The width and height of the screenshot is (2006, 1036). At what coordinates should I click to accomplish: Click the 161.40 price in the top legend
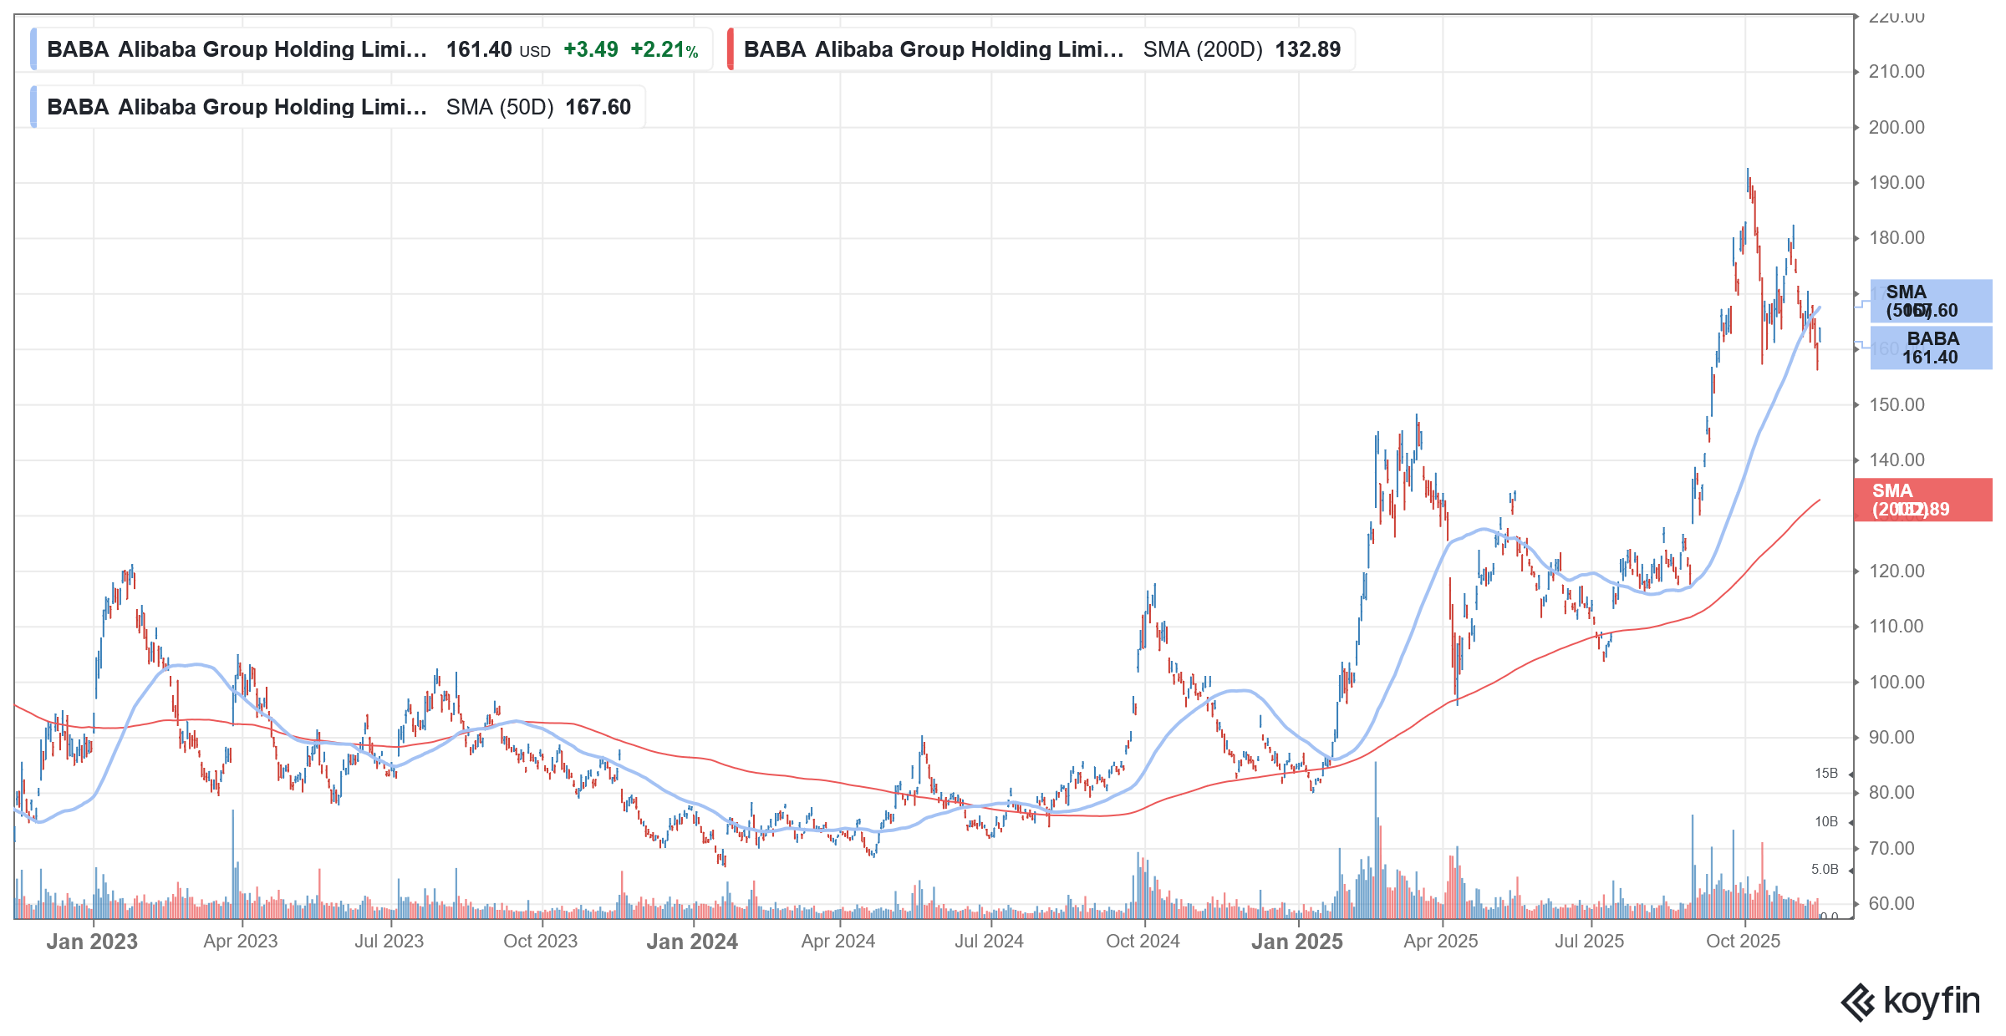478,49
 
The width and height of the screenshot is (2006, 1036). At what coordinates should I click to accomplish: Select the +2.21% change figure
664,49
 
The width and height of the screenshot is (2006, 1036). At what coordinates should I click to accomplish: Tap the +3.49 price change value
590,49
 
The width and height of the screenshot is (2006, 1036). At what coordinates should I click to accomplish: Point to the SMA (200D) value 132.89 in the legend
1307,49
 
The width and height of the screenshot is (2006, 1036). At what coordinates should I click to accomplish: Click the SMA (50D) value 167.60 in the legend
598,107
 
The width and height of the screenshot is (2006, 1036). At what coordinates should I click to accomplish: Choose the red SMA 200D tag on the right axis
1922,500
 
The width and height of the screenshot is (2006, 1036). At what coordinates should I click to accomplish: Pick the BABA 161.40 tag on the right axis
1930,348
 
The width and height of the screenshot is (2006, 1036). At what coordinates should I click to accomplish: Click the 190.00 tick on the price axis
1896,182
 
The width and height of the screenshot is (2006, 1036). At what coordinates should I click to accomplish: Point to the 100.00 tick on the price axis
1896,682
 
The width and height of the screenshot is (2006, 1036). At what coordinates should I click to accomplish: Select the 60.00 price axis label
1891,903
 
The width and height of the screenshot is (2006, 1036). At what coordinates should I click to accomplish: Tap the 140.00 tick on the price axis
1896,460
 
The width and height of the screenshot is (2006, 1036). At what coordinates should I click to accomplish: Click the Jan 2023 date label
92,942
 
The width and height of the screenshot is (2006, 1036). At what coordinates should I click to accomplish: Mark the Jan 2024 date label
692,942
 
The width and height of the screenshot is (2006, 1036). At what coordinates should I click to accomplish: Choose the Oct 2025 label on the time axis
1743,941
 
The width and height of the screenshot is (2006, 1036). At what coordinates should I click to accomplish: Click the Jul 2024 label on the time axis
989,941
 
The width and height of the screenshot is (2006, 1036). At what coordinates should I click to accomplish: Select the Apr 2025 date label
1440,941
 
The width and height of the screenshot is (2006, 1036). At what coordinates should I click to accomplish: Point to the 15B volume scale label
1825,774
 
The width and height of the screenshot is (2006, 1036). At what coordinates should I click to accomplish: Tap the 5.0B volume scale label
1824,869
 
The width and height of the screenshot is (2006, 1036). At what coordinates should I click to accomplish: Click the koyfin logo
1910,1001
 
